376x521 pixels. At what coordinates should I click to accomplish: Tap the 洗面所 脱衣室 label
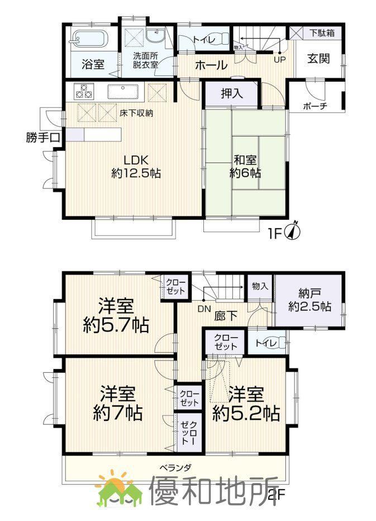pos(146,60)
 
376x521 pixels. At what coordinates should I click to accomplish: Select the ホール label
pos(211,65)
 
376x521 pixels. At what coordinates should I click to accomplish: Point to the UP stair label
pos(278,58)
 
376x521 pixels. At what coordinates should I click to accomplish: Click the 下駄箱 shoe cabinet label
pos(322,33)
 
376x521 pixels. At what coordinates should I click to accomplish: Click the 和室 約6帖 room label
pos(245,165)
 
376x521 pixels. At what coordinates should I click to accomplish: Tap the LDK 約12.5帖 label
pos(136,166)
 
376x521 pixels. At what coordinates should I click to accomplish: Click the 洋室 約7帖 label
pos(117,403)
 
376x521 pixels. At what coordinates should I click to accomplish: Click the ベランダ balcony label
pos(175,467)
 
